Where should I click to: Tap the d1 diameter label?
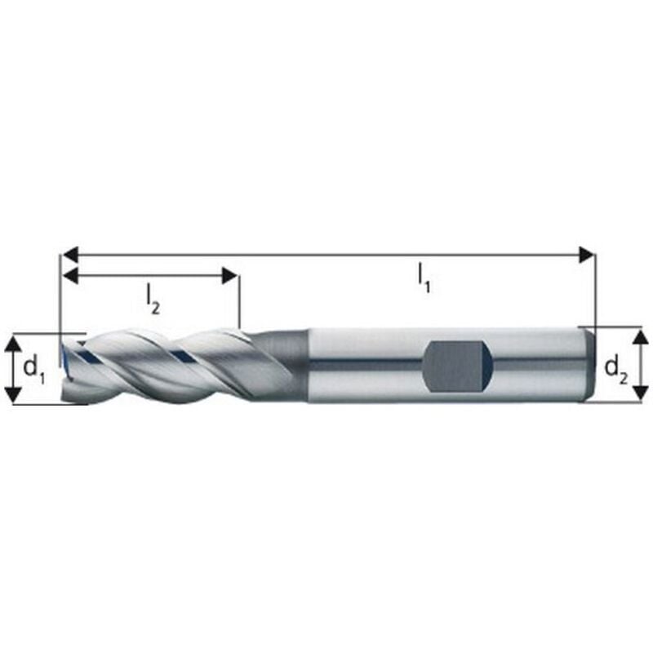click(x=33, y=370)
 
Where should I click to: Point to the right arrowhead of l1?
click(x=585, y=255)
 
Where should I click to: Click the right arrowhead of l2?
click(x=230, y=276)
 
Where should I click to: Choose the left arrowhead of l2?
click(x=71, y=276)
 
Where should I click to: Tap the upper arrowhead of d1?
click(x=14, y=344)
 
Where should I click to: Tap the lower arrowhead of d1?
click(x=14, y=395)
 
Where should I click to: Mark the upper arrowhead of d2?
click(x=640, y=337)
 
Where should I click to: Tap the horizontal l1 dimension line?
click(x=326, y=255)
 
